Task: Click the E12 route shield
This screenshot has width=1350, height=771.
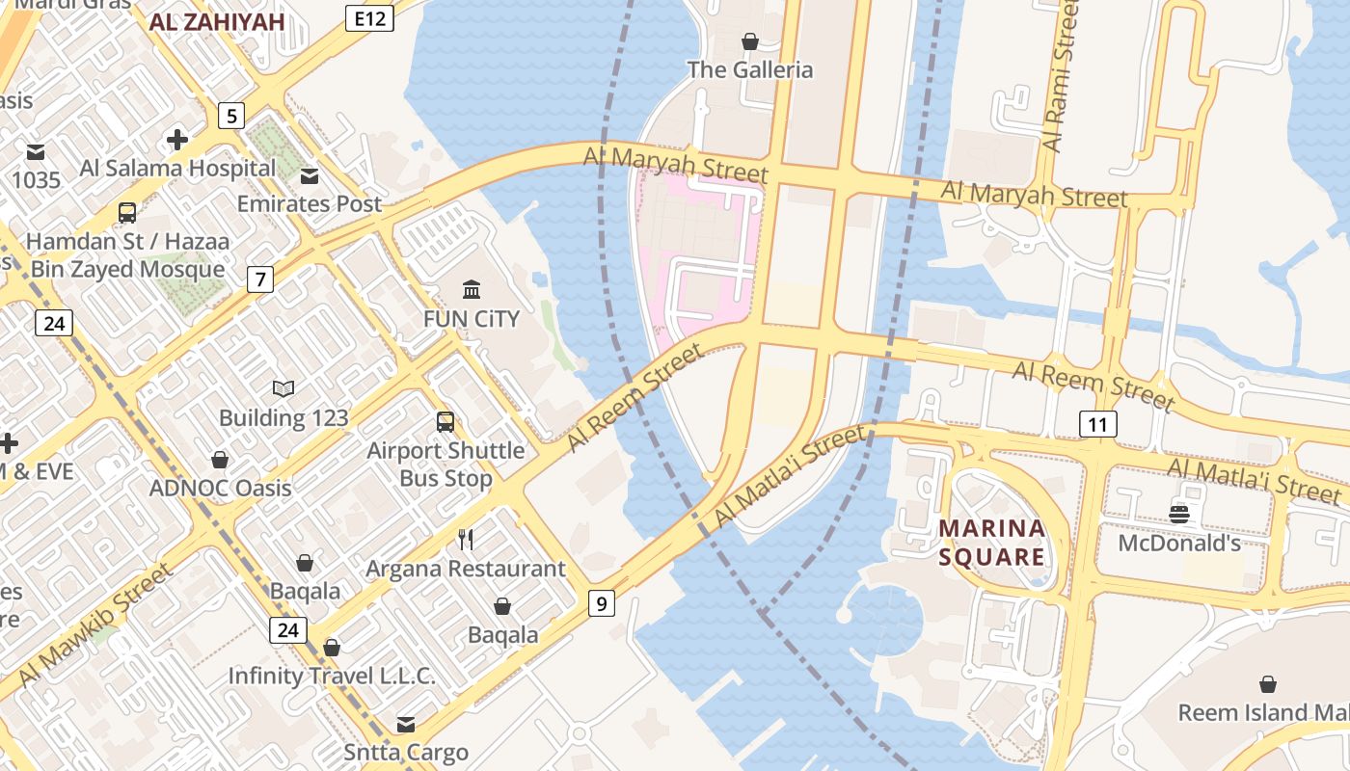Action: pos(369,18)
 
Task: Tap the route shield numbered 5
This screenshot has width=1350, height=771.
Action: pos(230,117)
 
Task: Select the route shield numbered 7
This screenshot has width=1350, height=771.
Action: pos(259,280)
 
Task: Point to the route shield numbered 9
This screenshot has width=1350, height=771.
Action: pos(602,604)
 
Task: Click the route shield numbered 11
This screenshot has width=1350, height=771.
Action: pos(1097,424)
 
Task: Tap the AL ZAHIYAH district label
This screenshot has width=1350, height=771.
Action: pos(217,22)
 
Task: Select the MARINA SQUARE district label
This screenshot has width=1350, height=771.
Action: pos(992,543)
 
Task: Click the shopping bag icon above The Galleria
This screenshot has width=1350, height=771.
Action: pos(749,41)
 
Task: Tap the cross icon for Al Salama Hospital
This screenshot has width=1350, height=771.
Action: pos(177,141)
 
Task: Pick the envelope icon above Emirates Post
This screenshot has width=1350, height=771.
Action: pos(310,176)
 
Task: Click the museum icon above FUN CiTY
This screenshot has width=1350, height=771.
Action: pos(472,289)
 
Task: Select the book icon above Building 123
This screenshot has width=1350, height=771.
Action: pos(283,388)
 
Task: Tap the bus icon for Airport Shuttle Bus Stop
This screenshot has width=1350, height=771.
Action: pos(445,422)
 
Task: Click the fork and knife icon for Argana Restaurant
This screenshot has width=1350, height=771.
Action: pos(466,539)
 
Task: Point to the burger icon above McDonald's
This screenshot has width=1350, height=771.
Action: pos(1178,514)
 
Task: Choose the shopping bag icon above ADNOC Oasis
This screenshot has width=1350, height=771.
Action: pos(220,460)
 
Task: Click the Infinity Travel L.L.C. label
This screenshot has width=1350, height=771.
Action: pos(332,677)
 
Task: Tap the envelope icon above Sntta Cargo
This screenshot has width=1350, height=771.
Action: pos(406,724)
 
